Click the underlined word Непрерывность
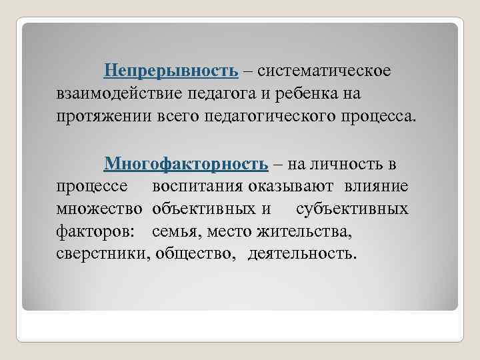171,70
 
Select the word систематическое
325,70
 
